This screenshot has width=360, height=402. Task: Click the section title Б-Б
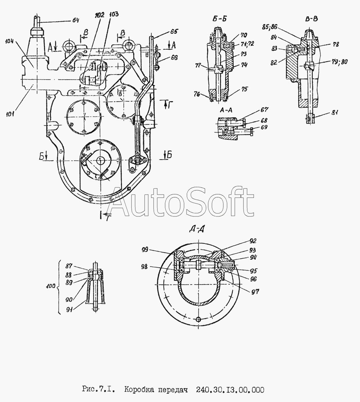tap(219, 21)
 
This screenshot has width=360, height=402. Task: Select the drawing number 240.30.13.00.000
tap(230, 390)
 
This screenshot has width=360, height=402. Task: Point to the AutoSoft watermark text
tap(182, 203)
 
